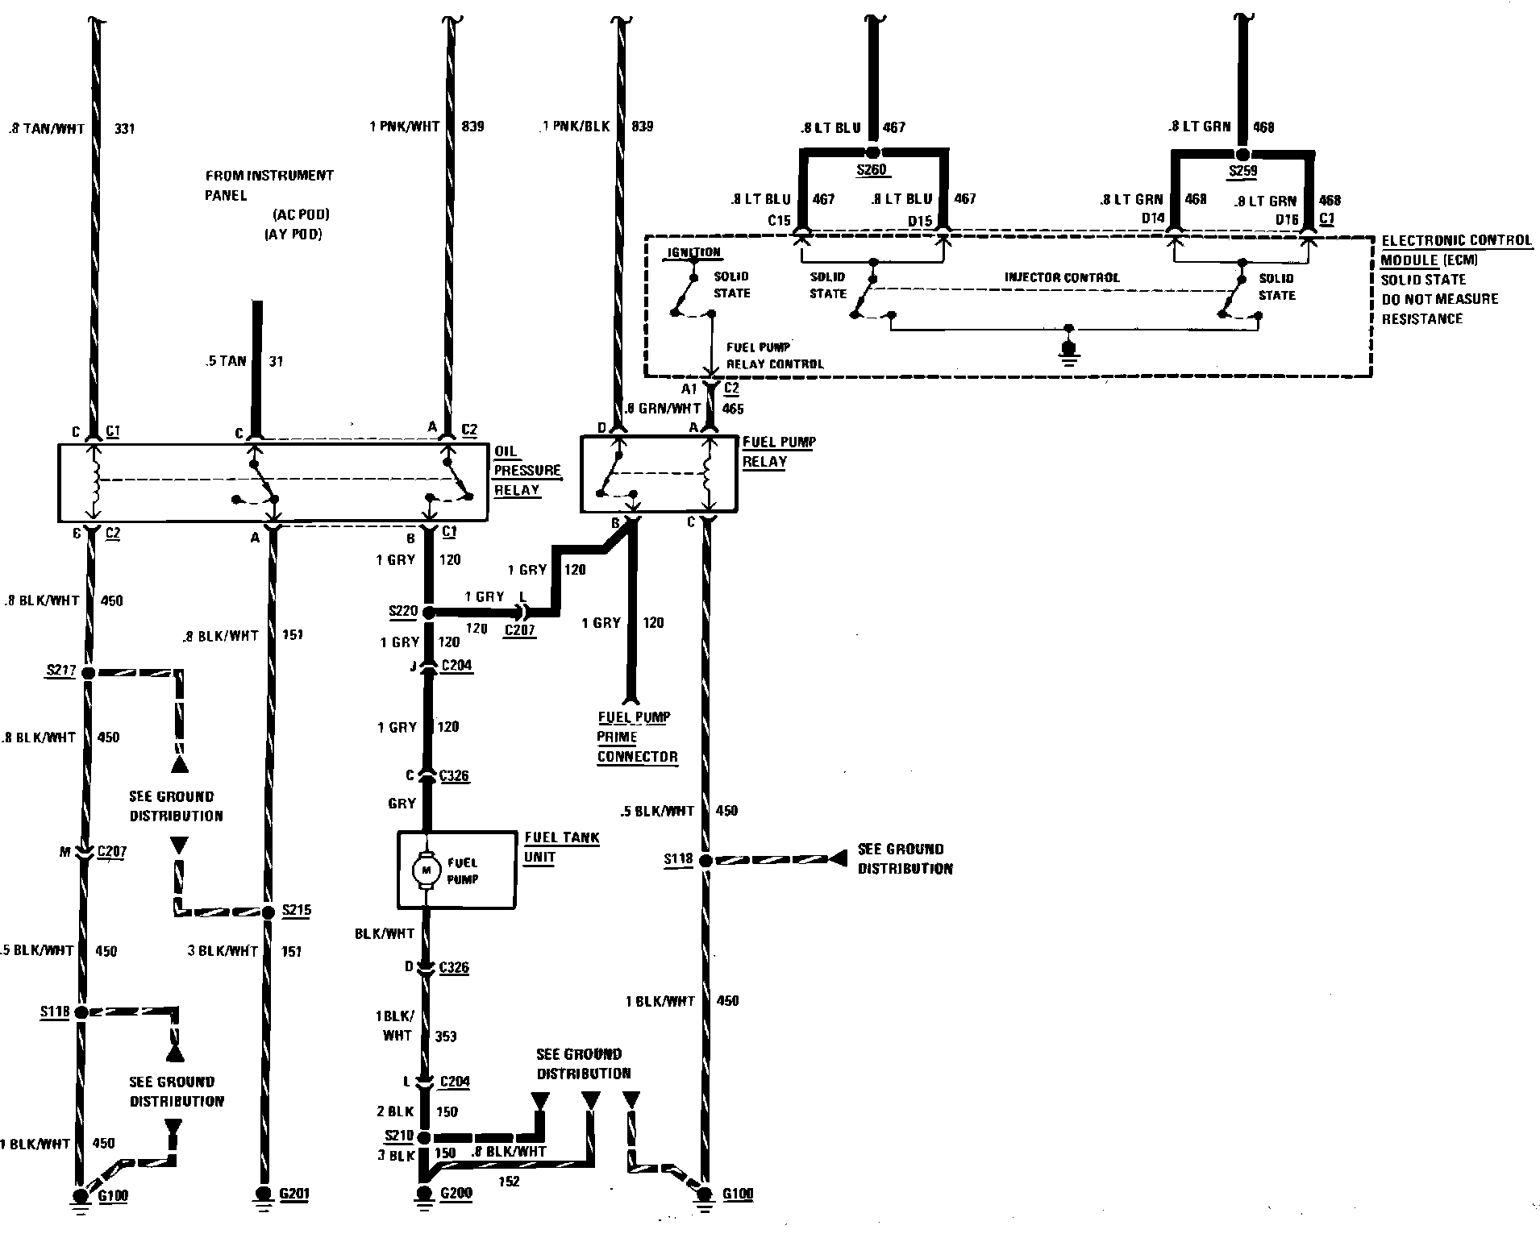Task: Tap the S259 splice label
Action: click(x=1242, y=171)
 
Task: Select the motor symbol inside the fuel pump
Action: click(x=425, y=870)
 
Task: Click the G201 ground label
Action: click(x=294, y=1194)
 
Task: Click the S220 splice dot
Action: click(x=428, y=613)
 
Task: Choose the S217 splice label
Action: click(x=62, y=671)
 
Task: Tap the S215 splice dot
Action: click(x=268, y=912)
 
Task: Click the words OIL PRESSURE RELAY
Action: click(x=527, y=471)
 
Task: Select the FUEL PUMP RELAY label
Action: click(x=778, y=451)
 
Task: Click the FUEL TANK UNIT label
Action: click(x=561, y=847)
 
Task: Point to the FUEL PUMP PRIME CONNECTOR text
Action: click(x=636, y=737)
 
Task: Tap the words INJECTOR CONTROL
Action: click(x=1061, y=277)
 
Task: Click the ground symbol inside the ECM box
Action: click(x=1069, y=351)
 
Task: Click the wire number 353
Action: click(x=446, y=1036)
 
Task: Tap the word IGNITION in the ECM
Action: click(x=693, y=252)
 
